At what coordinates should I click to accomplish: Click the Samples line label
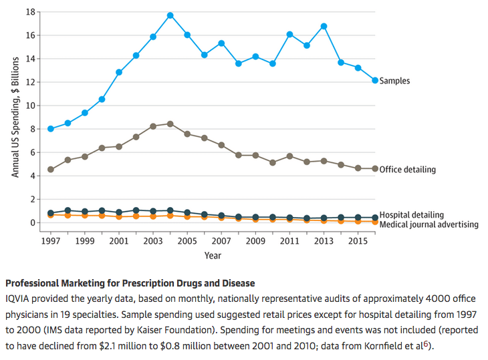coord(394,81)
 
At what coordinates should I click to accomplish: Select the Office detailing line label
coord(407,170)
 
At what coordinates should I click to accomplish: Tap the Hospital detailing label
coord(411,215)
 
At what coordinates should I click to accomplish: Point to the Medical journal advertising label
coord(429,224)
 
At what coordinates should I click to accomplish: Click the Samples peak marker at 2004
coord(170,15)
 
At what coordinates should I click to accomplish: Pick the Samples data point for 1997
coord(51,128)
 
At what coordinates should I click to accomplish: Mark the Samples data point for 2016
coord(375,80)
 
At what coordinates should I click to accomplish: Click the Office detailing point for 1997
coord(51,170)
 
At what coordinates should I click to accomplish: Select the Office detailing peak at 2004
coord(170,124)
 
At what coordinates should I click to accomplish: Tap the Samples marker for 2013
coord(324,26)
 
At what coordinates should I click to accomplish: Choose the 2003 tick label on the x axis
coord(153,240)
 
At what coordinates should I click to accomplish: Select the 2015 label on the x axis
coord(358,240)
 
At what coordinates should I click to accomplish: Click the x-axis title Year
coord(213,255)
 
